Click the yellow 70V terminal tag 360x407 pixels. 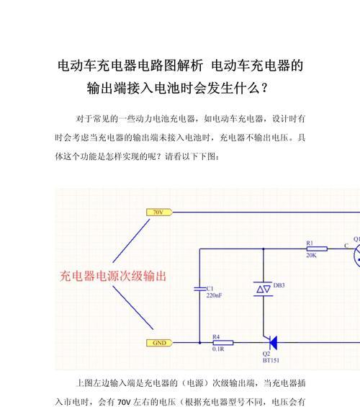tap(159, 213)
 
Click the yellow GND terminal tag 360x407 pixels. tap(159, 343)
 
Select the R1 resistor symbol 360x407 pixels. tap(317, 249)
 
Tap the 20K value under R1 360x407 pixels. tap(311, 256)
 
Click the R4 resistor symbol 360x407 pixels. tap(223, 343)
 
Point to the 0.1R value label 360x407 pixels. tap(218, 349)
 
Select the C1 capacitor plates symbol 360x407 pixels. tap(200, 289)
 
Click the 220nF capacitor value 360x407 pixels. tap(215, 295)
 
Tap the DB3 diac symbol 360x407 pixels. tap(264, 289)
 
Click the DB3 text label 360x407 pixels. tap(279, 285)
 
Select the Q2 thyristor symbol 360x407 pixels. tap(271, 342)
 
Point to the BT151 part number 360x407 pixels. tap(271, 360)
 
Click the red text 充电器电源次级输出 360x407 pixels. tap(113, 276)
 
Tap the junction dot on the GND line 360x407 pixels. tap(199, 343)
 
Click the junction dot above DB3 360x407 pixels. tap(264, 249)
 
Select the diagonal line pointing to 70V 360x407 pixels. tap(131, 241)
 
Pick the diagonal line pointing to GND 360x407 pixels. tap(133, 308)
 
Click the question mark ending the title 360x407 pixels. tap(264, 89)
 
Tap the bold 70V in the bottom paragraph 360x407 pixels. tap(124, 402)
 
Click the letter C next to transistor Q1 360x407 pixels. tap(346, 246)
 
